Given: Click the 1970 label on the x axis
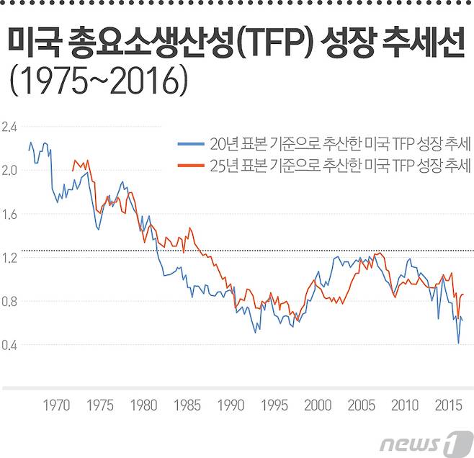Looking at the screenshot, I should click(x=56, y=406).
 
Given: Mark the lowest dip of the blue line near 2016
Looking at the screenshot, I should click(x=458, y=343).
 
